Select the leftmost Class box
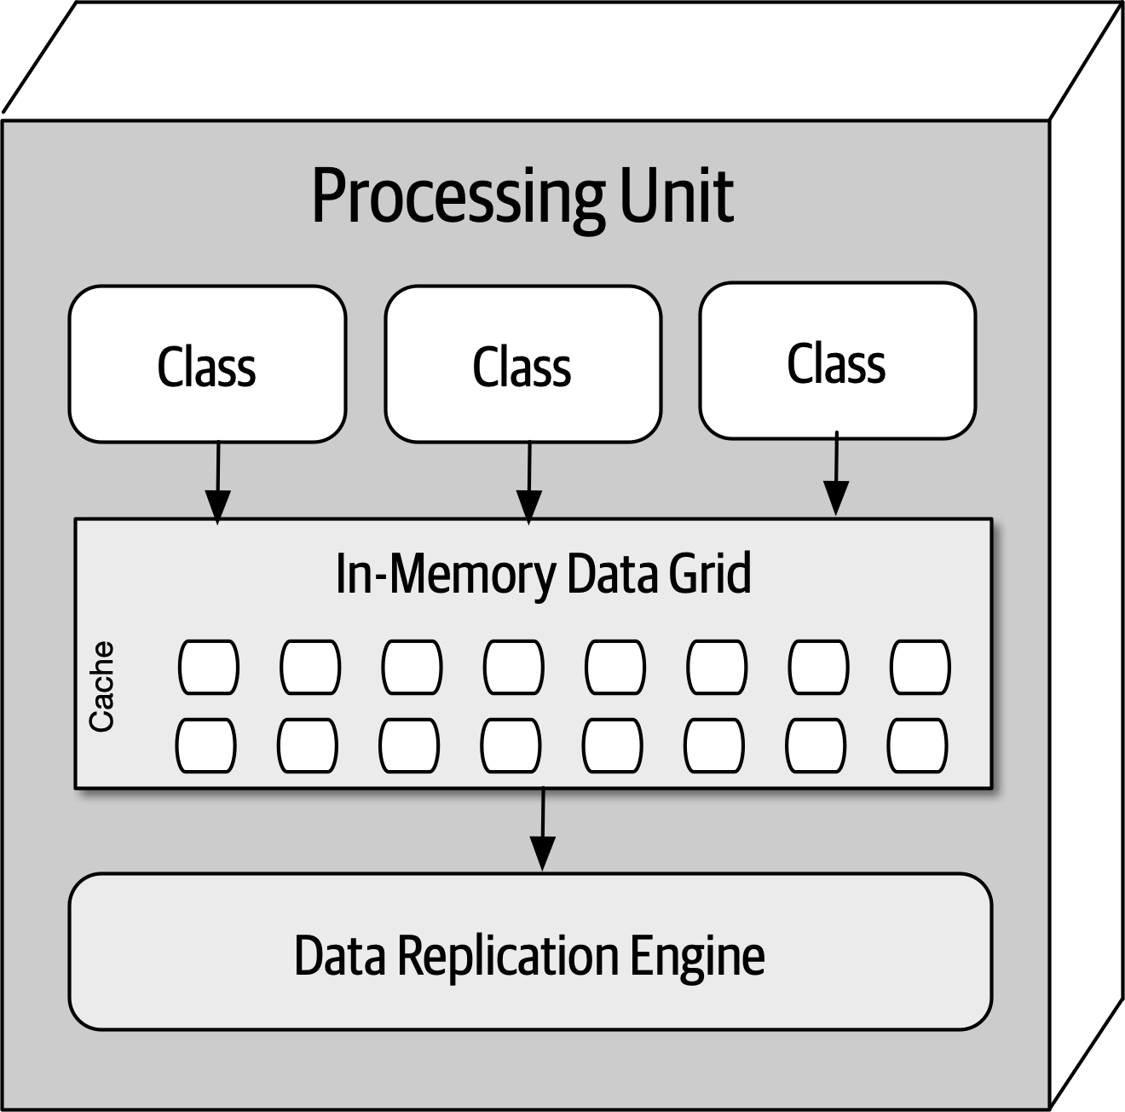pyautogui.click(x=207, y=365)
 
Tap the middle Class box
pyautogui.click(x=522, y=365)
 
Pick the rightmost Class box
pyautogui.click(x=837, y=362)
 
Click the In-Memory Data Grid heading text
pyautogui.click(x=543, y=573)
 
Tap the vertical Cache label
pyautogui.click(x=101, y=686)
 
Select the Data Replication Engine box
pyautogui.click(x=530, y=989)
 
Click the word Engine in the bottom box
pyautogui.click(x=696, y=956)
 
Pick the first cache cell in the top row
pyautogui.click(x=209, y=667)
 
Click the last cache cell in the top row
pyautogui.click(x=920, y=667)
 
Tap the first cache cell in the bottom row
pyautogui.click(x=206, y=745)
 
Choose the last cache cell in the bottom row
pyautogui.click(x=918, y=745)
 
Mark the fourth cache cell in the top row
pyautogui.click(x=514, y=667)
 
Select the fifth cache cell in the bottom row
pyautogui.click(x=613, y=745)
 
